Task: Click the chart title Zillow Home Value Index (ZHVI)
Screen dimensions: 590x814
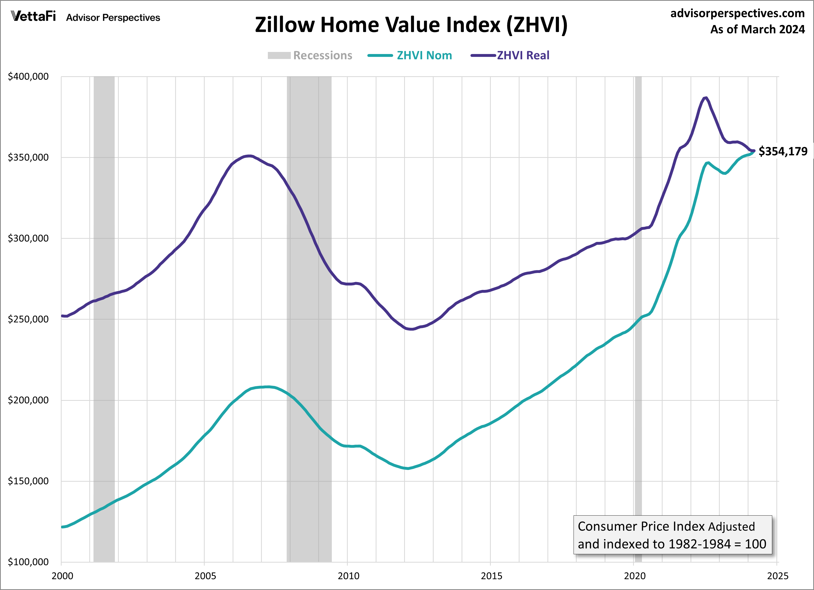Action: tap(411, 25)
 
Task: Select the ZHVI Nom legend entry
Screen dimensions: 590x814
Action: tap(424, 56)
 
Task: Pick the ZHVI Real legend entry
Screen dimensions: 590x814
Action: tap(523, 56)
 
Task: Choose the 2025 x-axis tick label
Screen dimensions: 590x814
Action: tap(777, 576)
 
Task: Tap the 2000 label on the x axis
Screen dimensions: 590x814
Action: tap(62, 576)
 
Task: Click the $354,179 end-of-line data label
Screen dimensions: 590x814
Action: tap(783, 151)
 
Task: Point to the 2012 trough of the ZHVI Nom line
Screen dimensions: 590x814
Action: tap(408, 468)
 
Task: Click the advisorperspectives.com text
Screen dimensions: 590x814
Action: tap(737, 13)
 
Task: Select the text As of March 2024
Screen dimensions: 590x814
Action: tap(757, 29)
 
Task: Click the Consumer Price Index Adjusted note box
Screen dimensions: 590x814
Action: tap(672, 535)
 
